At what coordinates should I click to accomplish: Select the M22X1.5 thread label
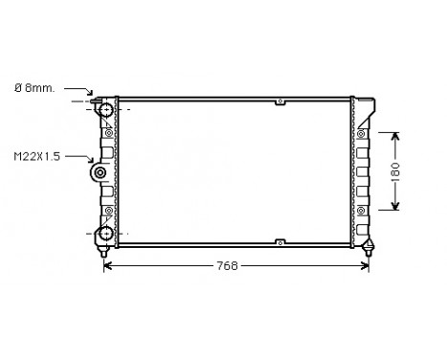35,157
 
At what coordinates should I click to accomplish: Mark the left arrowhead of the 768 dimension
106,265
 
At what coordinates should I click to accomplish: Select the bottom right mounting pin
369,251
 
